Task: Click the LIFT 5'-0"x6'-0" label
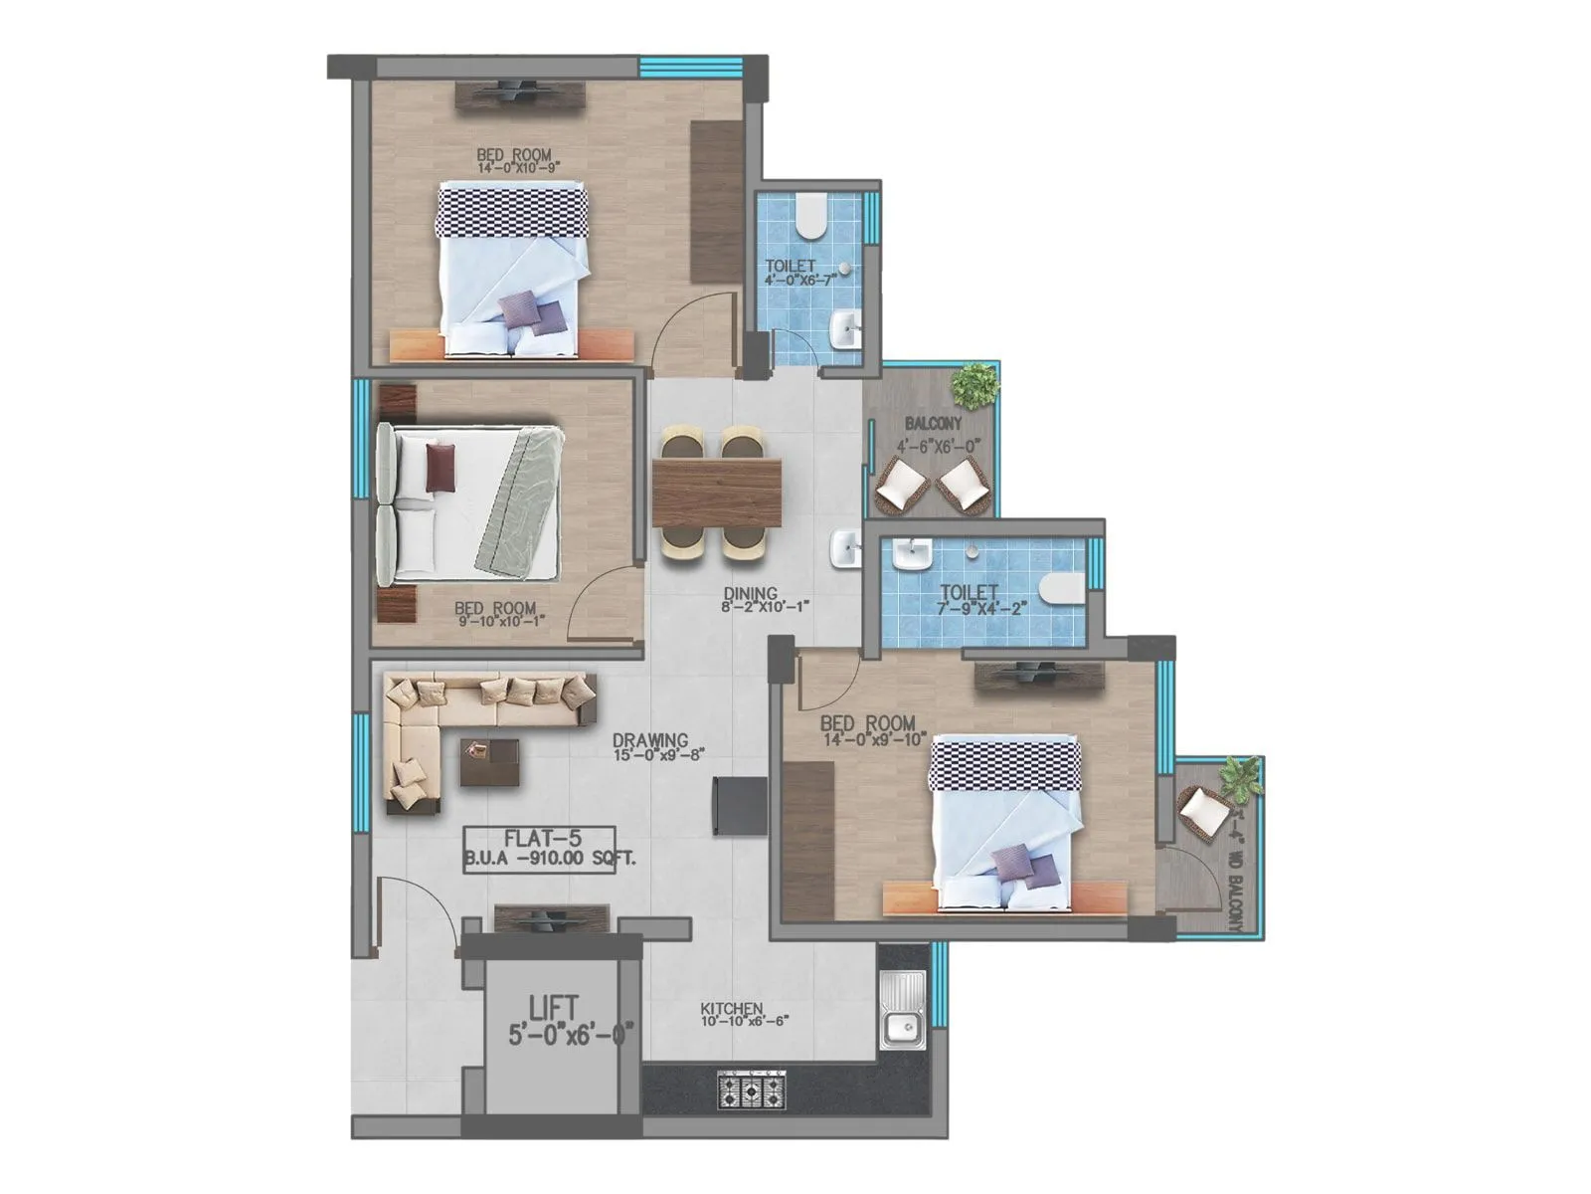(x=554, y=1021)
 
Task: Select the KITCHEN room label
(x=732, y=1013)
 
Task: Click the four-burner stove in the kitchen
(x=752, y=1090)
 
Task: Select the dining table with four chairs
(x=717, y=493)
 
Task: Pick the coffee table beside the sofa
(x=489, y=764)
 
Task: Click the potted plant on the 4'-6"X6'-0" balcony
(x=973, y=385)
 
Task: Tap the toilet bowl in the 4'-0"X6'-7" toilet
(x=812, y=216)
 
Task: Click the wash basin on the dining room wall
(x=845, y=550)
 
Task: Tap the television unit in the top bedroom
(x=521, y=96)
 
